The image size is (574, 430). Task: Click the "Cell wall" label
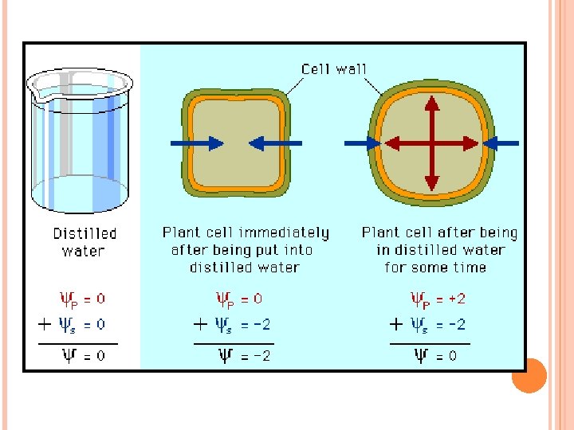click(x=334, y=68)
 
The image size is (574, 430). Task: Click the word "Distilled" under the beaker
click(x=85, y=233)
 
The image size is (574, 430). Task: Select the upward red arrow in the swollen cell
click(x=431, y=111)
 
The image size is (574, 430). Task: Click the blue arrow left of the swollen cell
click(x=362, y=143)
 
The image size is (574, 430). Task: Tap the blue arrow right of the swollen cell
click(x=501, y=143)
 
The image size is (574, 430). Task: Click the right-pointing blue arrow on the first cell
click(x=197, y=143)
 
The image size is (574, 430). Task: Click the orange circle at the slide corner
click(x=529, y=376)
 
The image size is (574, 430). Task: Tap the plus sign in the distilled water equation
click(x=45, y=324)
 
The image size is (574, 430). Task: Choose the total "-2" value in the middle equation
click(x=259, y=356)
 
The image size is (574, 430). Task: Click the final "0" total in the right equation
click(x=452, y=356)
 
